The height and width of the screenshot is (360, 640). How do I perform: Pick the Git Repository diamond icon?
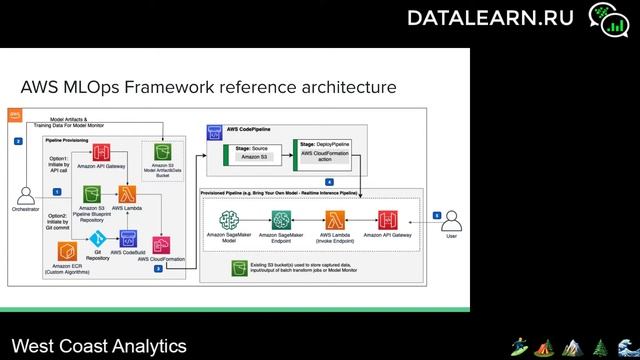click(x=98, y=239)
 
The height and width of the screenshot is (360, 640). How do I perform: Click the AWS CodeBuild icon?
click(x=128, y=239)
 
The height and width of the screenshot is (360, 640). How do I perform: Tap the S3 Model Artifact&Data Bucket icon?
click(x=160, y=153)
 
